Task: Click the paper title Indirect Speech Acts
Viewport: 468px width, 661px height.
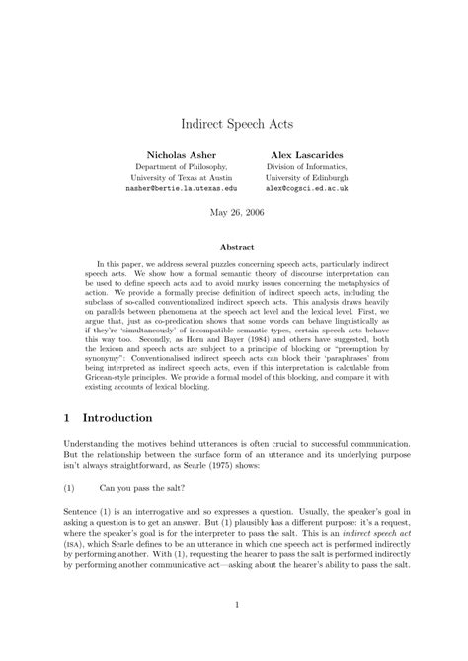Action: tap(234, 125)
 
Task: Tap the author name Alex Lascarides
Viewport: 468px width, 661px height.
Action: tap(304, 156)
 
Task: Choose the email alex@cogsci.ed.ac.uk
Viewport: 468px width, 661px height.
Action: tap(304, 186)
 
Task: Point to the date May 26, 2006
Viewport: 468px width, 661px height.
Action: tap(234, 212)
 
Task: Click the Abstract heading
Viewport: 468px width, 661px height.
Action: tap(234, 246)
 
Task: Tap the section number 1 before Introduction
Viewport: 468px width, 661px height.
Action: tap(66, 418)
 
